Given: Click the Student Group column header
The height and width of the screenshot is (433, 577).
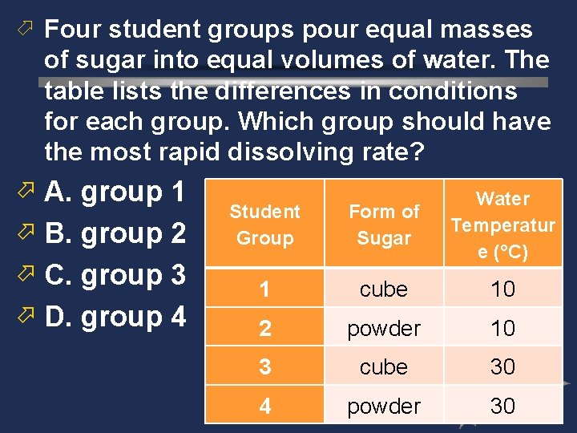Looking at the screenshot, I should tap(264, 225).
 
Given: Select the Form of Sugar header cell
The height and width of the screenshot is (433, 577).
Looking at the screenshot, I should tap(384, 225).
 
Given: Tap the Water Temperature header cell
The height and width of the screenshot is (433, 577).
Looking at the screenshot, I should tap(502, 225).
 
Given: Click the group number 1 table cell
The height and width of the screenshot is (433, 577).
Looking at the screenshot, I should tap(264, 289).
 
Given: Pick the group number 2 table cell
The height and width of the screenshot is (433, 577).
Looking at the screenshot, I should tap(264, 328).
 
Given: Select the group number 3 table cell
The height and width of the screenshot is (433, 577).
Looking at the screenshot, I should tap(264, 366).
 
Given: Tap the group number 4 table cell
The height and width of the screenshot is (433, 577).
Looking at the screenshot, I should tap(264, 406).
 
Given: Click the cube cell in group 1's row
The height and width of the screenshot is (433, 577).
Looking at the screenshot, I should tap(384, 289).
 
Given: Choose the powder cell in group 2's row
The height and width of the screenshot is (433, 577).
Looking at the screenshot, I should tap(384, 328).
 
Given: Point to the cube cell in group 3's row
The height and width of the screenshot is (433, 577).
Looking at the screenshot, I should tap(384, 366).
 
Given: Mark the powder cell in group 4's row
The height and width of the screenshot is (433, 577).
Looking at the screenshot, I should tap(384, 406).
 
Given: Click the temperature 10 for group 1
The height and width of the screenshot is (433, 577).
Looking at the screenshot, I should tap(502, 289).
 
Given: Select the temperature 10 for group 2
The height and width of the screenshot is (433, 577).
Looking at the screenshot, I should tap(502, 328).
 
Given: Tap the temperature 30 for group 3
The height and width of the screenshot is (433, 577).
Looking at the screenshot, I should tap(502, 366).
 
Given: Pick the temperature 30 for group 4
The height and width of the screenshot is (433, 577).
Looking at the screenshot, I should tap(502, 406).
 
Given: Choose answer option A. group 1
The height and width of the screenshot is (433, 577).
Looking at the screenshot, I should tap(115, 192).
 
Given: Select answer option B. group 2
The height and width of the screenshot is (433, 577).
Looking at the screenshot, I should tap(115, 234).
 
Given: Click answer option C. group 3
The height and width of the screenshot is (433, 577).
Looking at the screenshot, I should tap(115, 276).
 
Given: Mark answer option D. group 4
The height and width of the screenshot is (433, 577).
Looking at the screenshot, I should tap(115, 318).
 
